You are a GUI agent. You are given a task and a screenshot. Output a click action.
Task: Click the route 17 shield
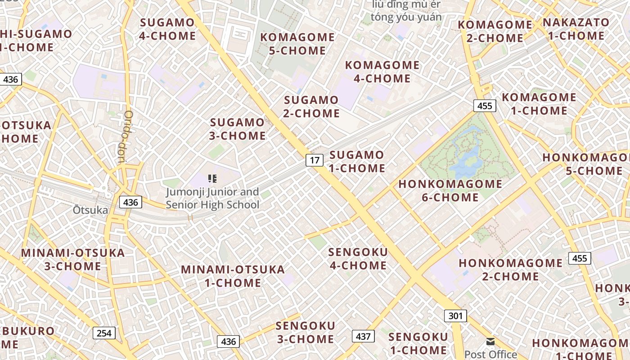pyautogui.click(x=315, y=160)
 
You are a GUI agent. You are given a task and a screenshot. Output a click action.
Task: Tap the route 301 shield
pyautogui.click(x=455, y=316)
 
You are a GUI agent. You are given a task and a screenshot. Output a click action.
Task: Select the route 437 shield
pyautogui.click(x=363, y=336)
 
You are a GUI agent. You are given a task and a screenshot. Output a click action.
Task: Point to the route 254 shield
pyautogui.click(x=104, y=333)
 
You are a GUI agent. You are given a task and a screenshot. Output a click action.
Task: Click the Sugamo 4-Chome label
pyautogui.click(x=167, y=29)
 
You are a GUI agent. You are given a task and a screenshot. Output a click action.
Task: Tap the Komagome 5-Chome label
pyautogui.click(x=297, y=44)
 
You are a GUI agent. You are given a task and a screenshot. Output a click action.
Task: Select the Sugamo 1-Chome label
pyautogui.click(x=357, y=162)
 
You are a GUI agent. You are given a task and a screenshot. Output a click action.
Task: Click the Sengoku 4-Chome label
pyautogui.click(x=358, y=259)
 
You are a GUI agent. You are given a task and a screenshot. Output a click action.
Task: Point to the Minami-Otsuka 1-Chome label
pyautogui.click(x=233, y=276)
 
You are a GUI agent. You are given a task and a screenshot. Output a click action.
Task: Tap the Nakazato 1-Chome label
pyautogui.click(x=576, y=29)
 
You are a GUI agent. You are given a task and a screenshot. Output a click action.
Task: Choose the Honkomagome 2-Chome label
pyautogui.click(x=511, y=269)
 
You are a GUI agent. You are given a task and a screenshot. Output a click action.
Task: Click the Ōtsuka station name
pyautogui.click(x=90, y=210)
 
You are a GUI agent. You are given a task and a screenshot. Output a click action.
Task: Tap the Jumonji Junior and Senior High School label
pyautogui.click(x=212, y=198)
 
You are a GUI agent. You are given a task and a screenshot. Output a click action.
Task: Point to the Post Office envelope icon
pyautogui.click(x=490, y=342)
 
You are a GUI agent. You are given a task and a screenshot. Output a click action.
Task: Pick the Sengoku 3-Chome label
pyautogui.click(x=306, y=332)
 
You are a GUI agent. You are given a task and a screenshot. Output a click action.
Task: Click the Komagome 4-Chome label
pyautogui.click(x=382, y=72)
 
